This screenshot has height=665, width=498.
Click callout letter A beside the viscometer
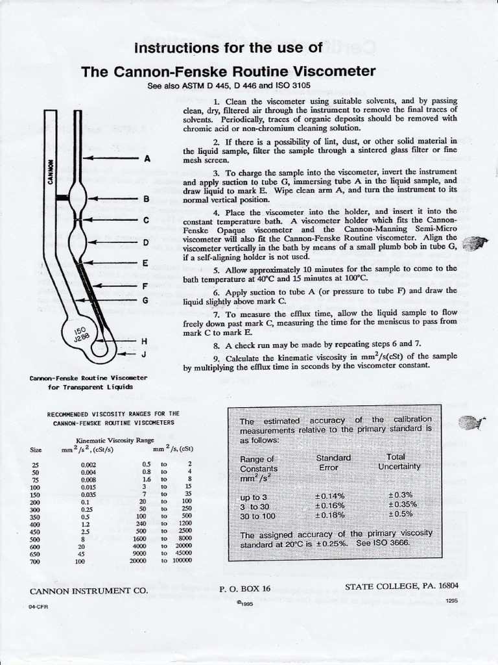[x=147, y=158]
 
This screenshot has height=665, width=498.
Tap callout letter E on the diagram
[x=146, y=263]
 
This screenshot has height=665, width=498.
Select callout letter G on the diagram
[x=146, y=300]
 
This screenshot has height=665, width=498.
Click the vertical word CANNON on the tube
[x=51, y=173]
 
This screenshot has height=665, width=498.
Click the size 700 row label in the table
[x=36, y=560]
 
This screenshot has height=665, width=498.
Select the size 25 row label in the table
[x=35, y=464]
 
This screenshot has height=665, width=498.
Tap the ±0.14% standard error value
[x=329, y=496]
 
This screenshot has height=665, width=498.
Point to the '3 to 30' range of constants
[x=257, y=506]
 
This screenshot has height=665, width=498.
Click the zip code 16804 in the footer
[x=453, y=586]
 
